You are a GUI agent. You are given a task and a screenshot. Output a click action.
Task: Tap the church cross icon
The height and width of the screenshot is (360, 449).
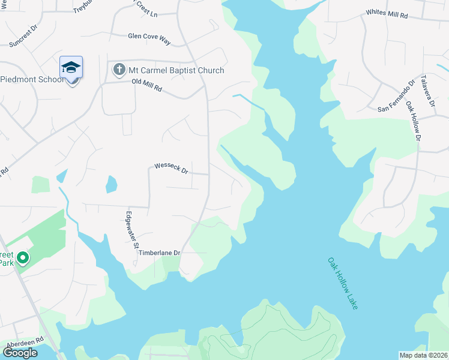[119, 70]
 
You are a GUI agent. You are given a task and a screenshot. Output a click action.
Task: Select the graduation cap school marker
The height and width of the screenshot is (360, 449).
[71, 67]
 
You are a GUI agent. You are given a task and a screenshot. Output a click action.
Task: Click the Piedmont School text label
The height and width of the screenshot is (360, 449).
[31, 80]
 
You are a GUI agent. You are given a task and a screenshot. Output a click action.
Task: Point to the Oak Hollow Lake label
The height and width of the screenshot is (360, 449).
[343, 283]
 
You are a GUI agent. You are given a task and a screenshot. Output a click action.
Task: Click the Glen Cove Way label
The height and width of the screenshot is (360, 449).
[149, 37]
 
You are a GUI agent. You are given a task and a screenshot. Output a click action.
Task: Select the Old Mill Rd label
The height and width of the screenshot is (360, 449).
[147, 88]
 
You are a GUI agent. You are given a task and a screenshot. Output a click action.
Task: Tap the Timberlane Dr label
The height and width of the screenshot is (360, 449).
[160, 253]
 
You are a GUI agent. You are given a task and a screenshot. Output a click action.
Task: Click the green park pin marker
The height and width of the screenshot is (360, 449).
[23, 259]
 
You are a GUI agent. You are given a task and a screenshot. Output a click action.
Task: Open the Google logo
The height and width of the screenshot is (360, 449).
[20, 353]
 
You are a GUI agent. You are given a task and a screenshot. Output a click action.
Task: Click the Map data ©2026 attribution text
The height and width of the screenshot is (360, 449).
[423, 355]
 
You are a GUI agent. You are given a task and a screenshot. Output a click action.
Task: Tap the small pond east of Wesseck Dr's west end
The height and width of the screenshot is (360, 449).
[111, 184]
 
